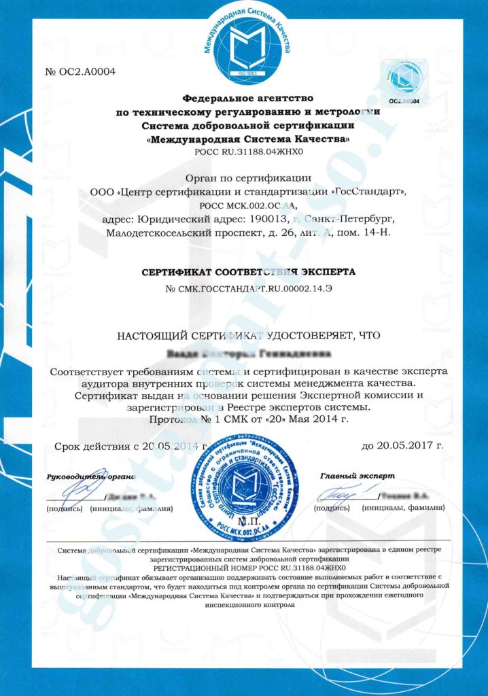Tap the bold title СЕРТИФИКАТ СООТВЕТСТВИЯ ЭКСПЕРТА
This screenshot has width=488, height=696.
tap(247, 272)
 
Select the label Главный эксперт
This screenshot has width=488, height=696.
tap(358, 476)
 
